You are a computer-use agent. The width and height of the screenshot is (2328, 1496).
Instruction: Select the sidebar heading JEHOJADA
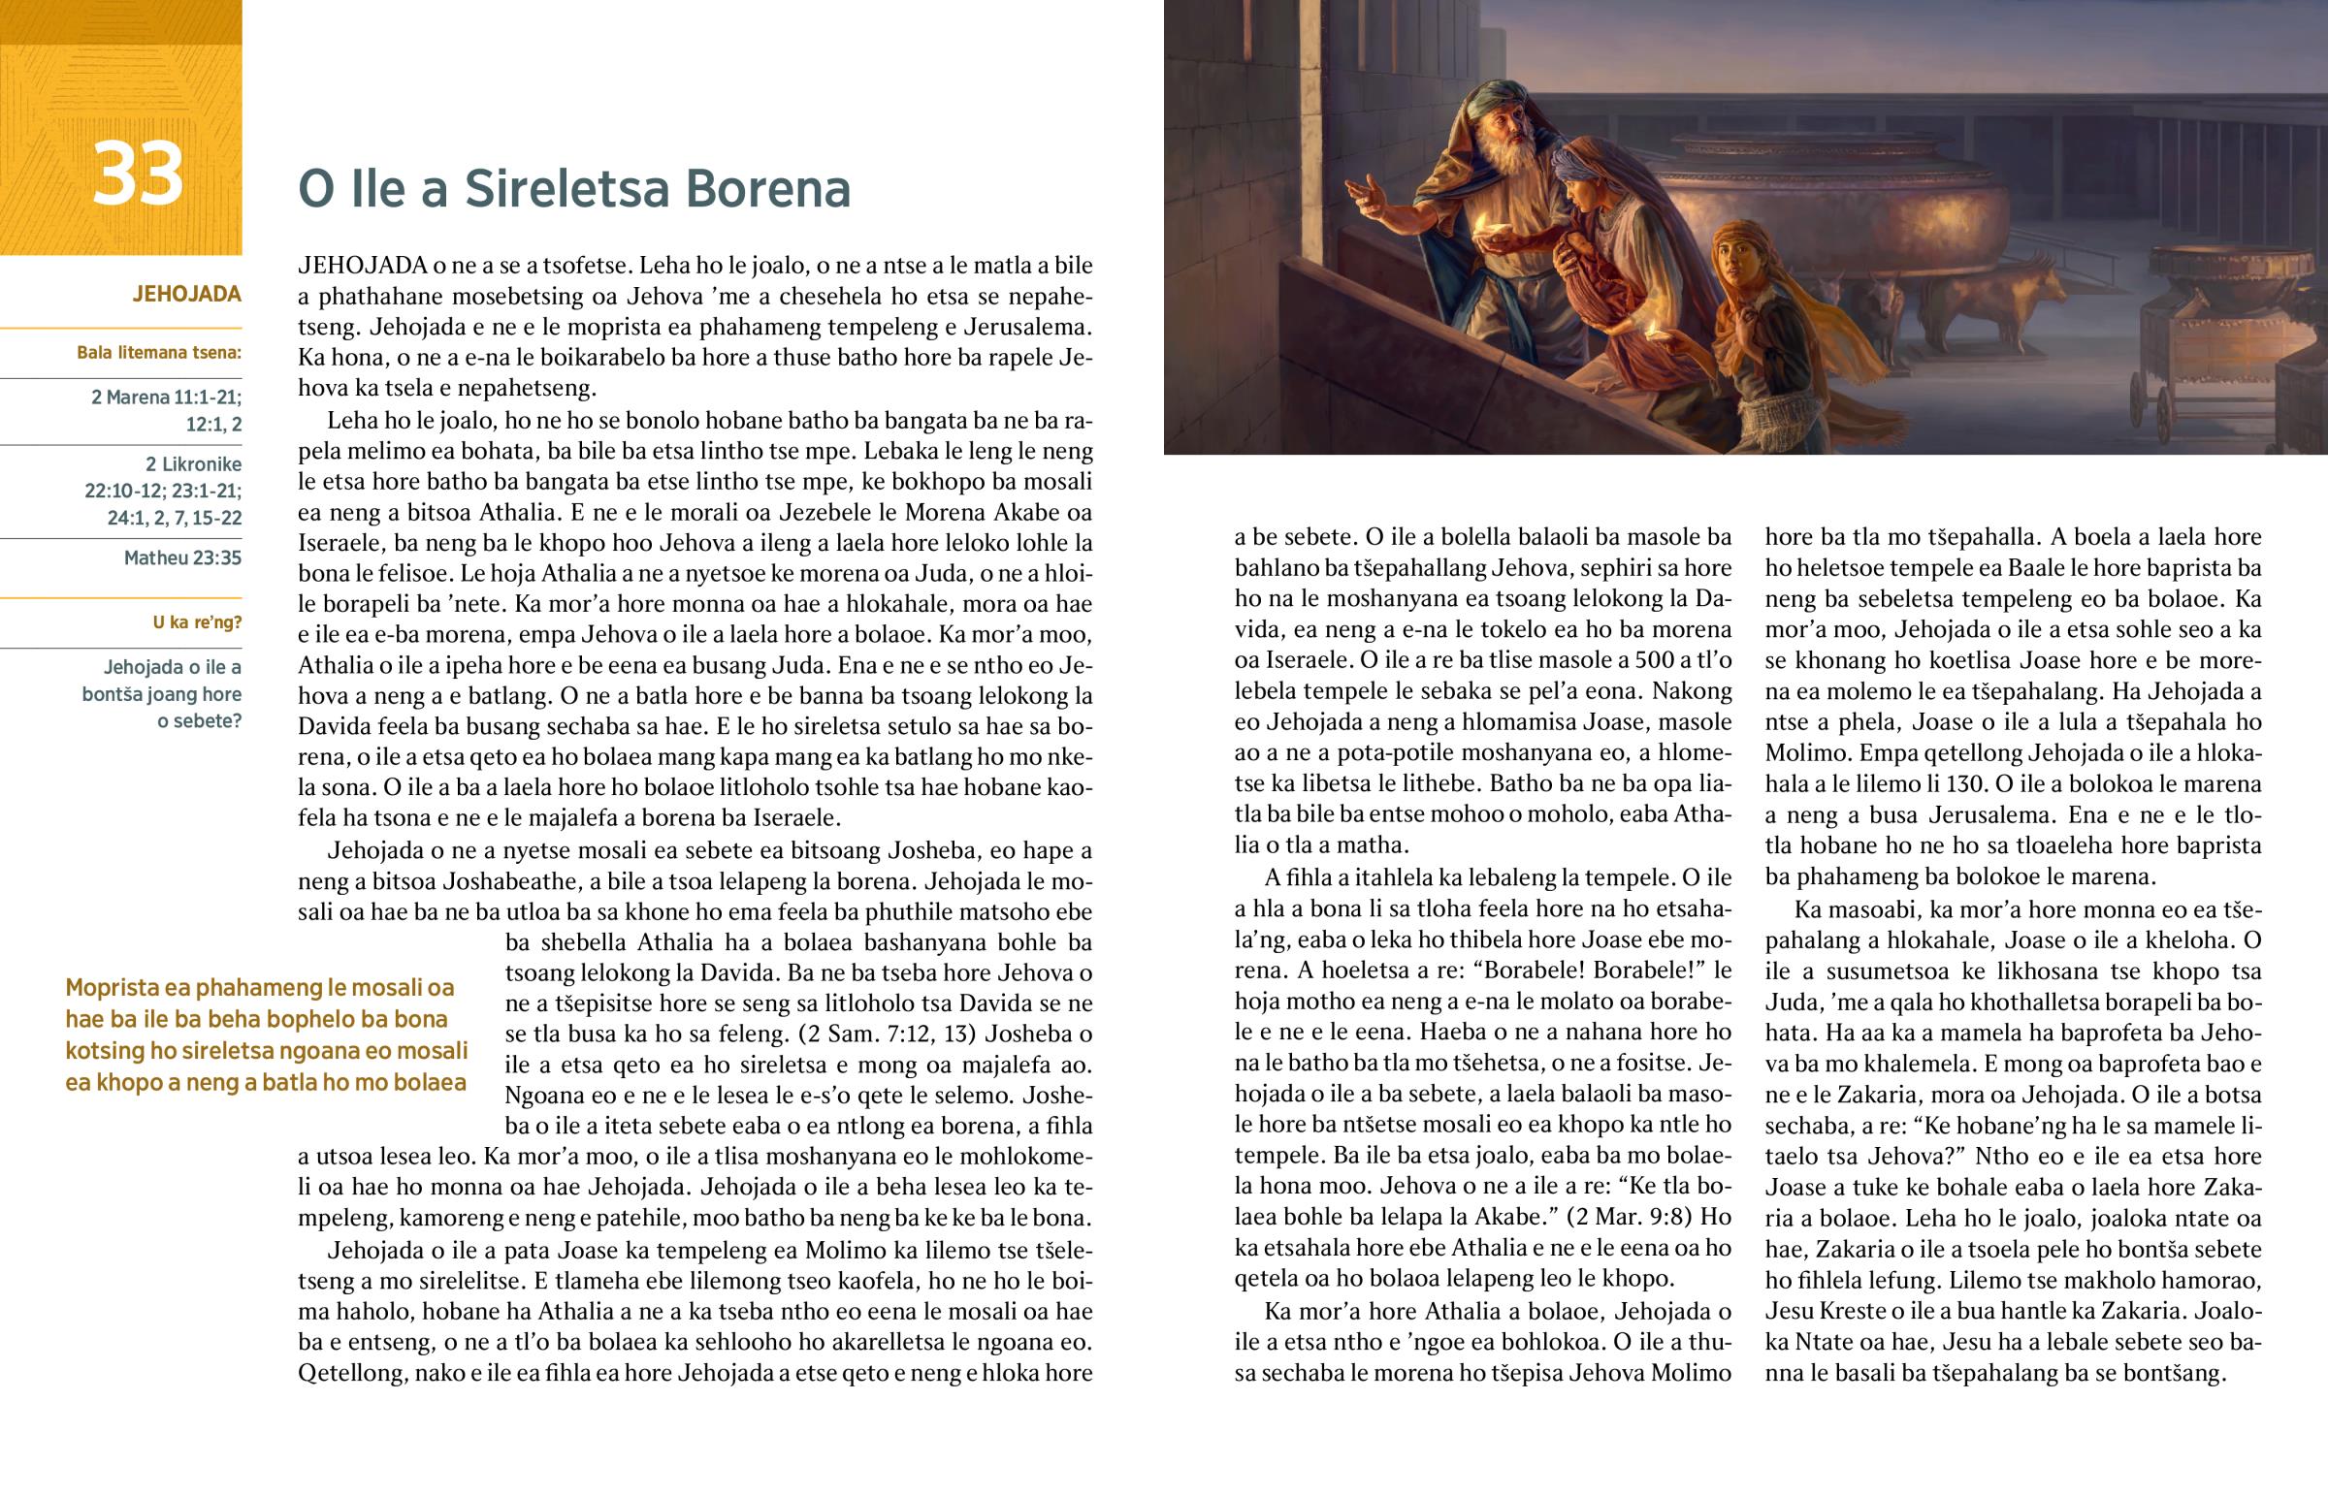pos(186,295)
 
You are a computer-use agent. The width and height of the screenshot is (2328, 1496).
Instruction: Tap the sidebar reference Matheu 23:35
pos(182,558)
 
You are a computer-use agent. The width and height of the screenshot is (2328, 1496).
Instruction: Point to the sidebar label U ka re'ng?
pos(197,622)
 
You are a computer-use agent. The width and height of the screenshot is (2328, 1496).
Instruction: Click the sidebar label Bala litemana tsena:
pos(159,353)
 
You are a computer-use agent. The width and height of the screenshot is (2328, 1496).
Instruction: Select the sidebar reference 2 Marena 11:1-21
pos(166,398)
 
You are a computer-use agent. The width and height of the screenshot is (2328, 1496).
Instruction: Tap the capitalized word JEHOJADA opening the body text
pos(363,266)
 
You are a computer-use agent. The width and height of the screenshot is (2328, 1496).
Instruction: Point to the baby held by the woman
pos(1584,282)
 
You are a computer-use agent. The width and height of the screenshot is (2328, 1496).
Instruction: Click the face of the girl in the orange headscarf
pos(1736,263)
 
